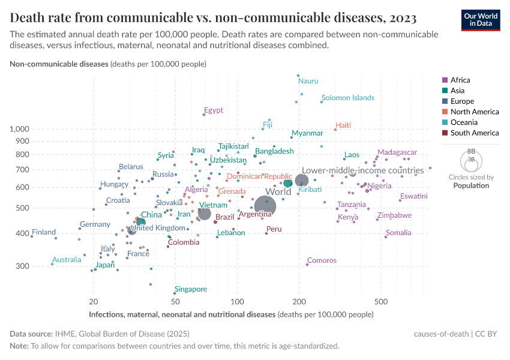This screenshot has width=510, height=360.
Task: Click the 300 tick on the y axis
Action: (x=22, y=266)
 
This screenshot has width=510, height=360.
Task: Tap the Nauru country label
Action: (x=308, y=81)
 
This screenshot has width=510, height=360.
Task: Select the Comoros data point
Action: (x=307, y=265)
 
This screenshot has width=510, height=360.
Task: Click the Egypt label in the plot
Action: (x=214, y=110)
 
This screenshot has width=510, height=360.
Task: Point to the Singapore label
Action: (x=191, y=289)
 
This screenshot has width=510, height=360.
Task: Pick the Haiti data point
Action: (x=335, y=130)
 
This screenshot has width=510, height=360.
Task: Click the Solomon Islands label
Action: (x=347, y=98)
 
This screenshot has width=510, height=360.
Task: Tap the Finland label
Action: (x=44, y=232)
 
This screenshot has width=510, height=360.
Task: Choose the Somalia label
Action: (x=398, y=233)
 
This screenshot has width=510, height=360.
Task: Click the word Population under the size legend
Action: (x=471, y=185)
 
